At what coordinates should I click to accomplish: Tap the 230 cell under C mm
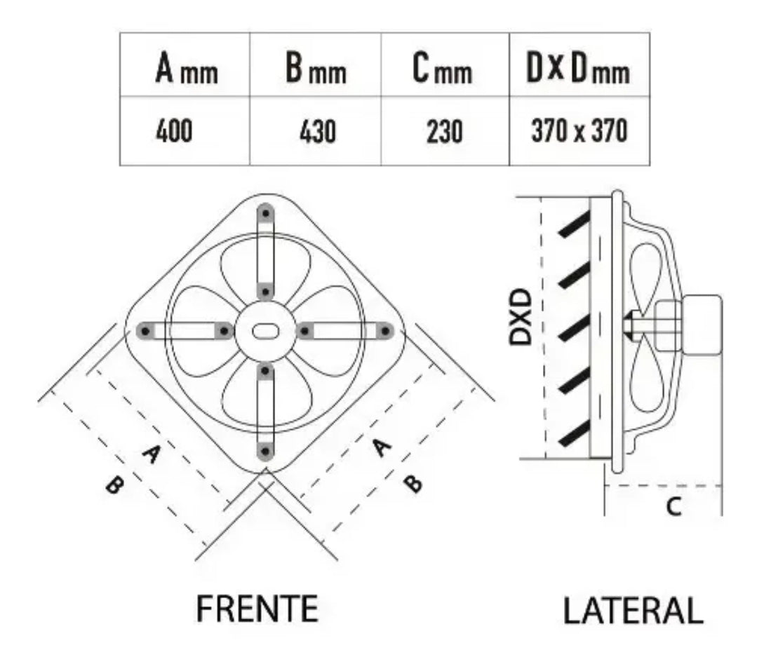click(x=444, y=131)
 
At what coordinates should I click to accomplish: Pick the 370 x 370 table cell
click(x=580, y=130)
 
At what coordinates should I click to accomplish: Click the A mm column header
click(x=187, y=67)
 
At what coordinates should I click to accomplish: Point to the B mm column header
click(x=316, y=67)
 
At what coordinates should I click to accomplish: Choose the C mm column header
click(x=442, y=67)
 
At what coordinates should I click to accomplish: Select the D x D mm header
click(x=578, y=67)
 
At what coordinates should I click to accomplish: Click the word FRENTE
click(x=257, y=609)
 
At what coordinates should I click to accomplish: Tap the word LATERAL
click(x=633, y=611)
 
